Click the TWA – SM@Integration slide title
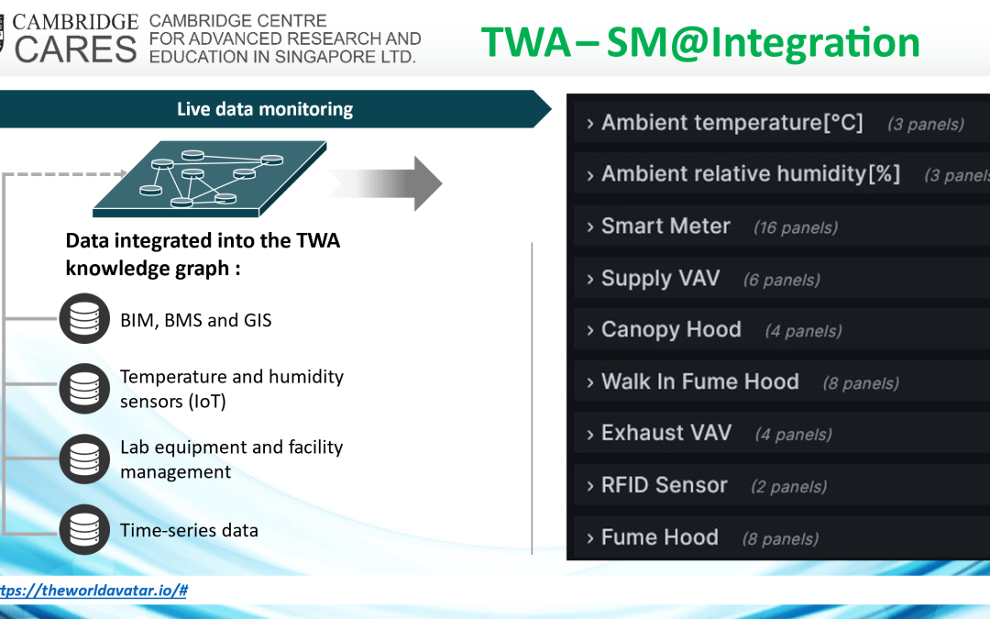click(x=700, y=42)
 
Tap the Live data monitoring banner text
click(x=265, y=109)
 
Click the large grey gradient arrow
click(x=387, y=183)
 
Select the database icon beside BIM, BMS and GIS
click(x=84, y=318)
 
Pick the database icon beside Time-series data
click(x=84, y=529)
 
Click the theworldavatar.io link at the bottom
click(x=93, y=591)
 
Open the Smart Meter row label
click(x=665, y=227)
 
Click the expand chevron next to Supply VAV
click(x=589, y=279)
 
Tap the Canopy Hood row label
click(x=671, y=330)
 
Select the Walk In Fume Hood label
click(x=700, y=381)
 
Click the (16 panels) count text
click(x=796, y=227)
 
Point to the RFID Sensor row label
click(x=665, y=485)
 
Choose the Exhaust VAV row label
click(x=666, y=433)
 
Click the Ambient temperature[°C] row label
click(x=731, y=123)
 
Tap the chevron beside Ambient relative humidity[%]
click(x=589, y=175)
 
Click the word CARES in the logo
click(x=75, y=50)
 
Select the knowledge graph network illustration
click(x=210, y=179)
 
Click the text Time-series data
click(x=189, y=530)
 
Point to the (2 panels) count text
click(x=788, y=486)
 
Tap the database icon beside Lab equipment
click(x=84, y=459)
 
